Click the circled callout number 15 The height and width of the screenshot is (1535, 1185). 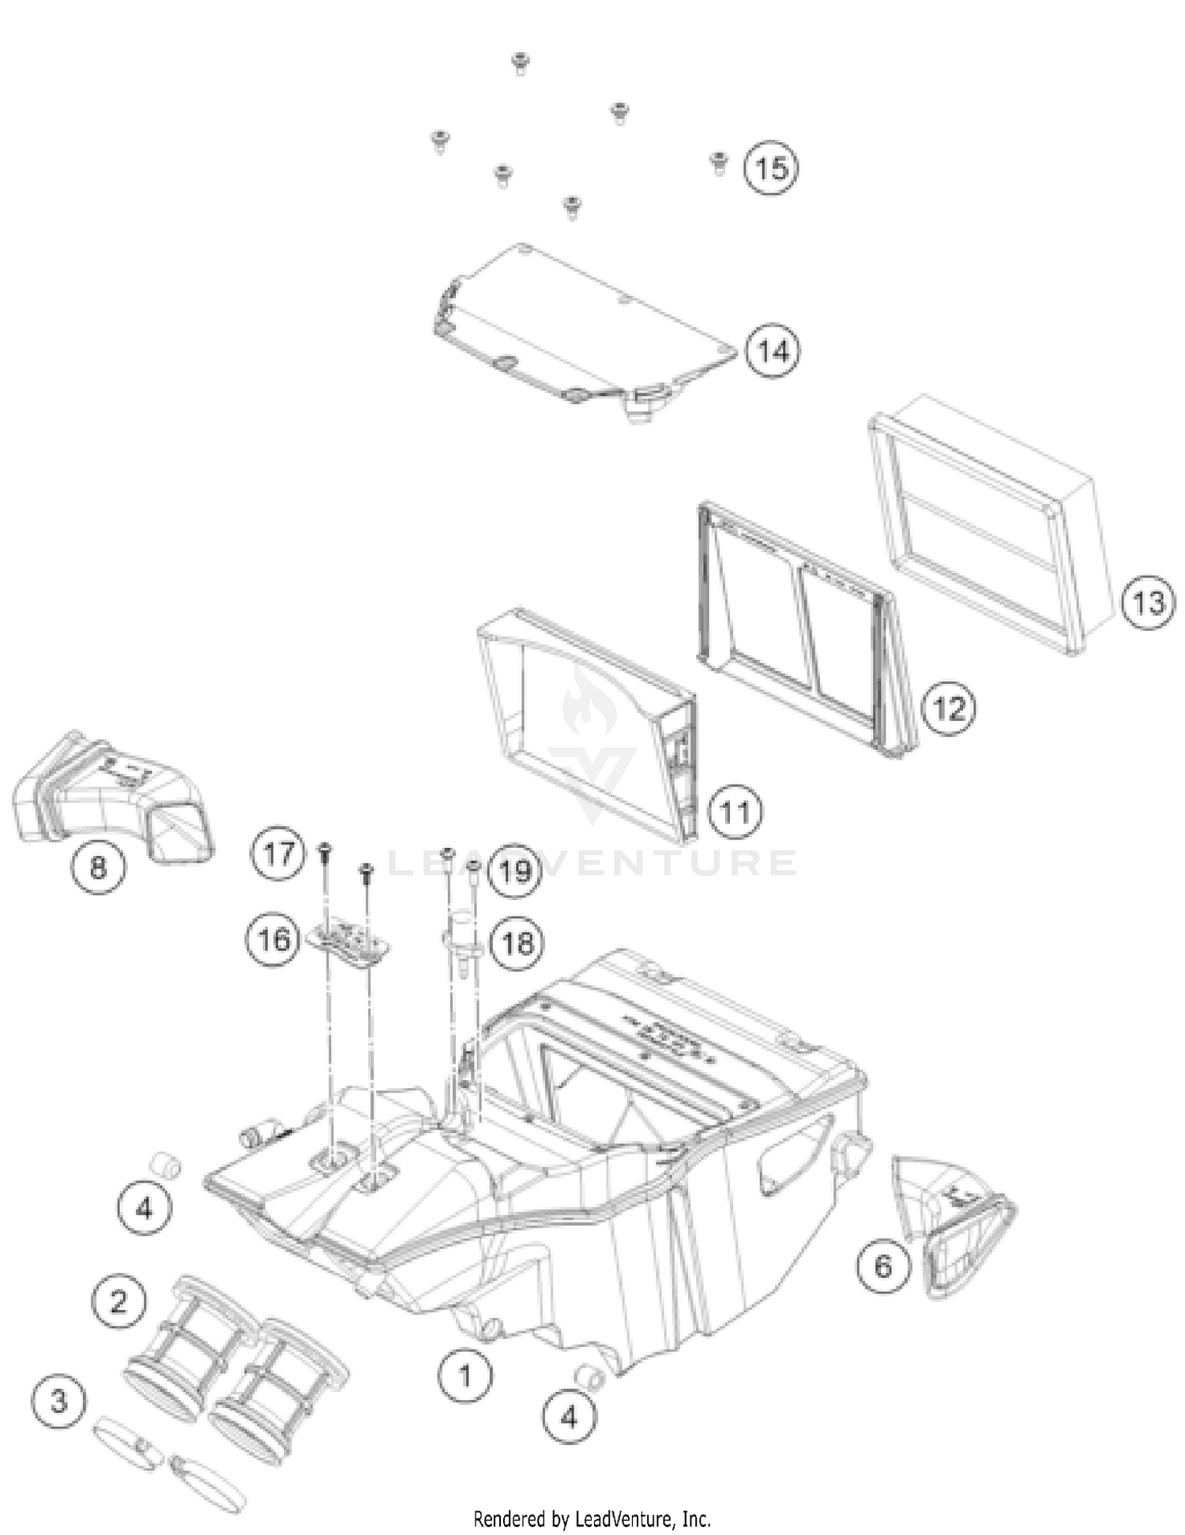pos(772,168)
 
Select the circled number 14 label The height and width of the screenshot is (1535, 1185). pos(773,351)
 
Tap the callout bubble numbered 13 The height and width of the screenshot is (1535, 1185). pos(1148,603)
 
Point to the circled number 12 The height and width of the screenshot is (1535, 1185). pos(949,708)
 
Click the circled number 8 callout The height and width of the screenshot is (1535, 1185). pos(98,869)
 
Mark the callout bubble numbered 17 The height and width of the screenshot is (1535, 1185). pos(278,854)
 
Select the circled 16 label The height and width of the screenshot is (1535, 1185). pos(273,940)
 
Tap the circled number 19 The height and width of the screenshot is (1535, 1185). pos(515,872)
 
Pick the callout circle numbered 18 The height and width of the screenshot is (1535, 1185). pos(517,943)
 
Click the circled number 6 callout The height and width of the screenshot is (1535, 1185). pos(883,1267)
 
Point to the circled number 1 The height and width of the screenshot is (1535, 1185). pos(465,1376)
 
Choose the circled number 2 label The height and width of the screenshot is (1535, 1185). pos(118,1300)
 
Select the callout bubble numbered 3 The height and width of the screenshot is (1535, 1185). pos(59,1402)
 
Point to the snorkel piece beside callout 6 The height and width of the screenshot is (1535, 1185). pos(952,1226)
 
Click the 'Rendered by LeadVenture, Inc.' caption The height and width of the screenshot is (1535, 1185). pos(592,1518)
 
